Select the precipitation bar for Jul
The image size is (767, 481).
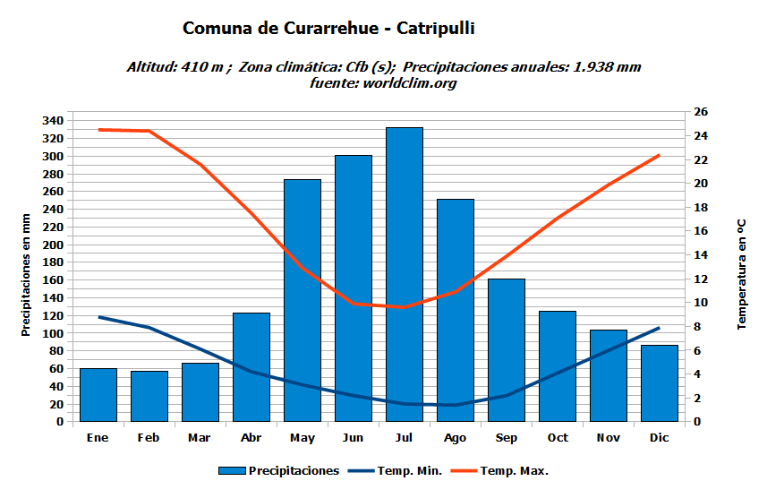[405, 274]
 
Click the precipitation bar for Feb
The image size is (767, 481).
[149, 396]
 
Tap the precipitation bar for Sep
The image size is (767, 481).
[507, 349]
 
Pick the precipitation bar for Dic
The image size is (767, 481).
[660, 382]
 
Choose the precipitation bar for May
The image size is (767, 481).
[303, 300]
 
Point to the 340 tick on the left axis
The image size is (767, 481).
[53, 121]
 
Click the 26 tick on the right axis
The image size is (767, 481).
[701, 112]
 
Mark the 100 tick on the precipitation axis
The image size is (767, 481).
[53, 333]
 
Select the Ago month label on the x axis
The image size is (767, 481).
[455, 438]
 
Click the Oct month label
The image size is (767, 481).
[558, 438]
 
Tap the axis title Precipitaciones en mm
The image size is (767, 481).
[26, 274]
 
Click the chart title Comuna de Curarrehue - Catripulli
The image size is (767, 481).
[328, 29]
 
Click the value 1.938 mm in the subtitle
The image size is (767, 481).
[605, 67]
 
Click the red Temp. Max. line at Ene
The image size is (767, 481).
[98, 130]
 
